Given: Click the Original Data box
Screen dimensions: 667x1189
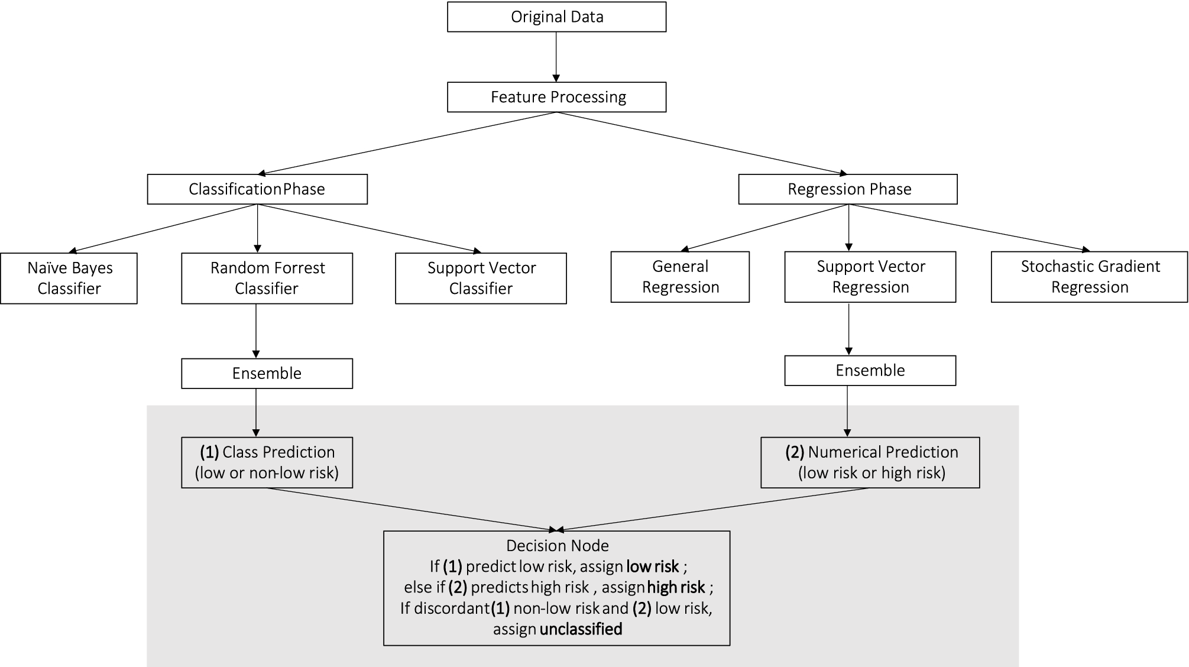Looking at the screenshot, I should (x=556, y=17).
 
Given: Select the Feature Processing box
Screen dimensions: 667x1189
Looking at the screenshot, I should (x=556, y=97).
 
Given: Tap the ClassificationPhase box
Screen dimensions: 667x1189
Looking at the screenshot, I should (x=257, y=189).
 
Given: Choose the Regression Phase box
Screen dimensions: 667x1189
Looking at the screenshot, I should (x=848, y=189).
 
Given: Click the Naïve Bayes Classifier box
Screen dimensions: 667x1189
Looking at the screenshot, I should (x=69, y=279).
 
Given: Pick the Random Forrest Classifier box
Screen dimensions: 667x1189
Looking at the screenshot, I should (x=267, y=279).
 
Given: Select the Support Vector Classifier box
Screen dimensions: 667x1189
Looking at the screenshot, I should (x=481, y=279).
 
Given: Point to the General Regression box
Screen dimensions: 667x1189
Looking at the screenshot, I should (x=680, y=277).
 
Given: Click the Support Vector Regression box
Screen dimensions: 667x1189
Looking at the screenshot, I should (x=870, y=277).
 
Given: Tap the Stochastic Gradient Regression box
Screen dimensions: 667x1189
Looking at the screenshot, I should (x=1089, y=277).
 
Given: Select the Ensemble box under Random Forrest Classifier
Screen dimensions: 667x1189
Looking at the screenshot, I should (x=267, y=374).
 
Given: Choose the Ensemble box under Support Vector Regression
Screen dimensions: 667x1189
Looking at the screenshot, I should (x=870, y=371).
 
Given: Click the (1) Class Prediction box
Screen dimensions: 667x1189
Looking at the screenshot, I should (x=267, y=462).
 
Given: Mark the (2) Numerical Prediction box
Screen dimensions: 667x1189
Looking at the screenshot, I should (x=870, y=462).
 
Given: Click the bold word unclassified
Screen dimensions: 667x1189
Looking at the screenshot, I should (x=581, y=629).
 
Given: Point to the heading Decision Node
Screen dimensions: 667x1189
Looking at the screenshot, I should (x=557, y=545).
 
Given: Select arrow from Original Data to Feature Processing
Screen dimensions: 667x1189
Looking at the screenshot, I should (x=556, y=56).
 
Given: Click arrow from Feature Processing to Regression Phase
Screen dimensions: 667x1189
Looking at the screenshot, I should (x=704, y=143).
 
